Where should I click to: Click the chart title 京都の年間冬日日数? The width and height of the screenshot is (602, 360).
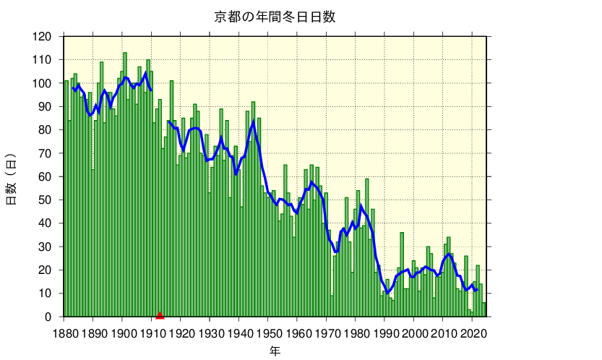click(275, 17)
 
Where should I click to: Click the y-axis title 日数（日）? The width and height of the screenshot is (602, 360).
click(12, 178)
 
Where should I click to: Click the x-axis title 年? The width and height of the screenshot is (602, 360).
click(275, 351)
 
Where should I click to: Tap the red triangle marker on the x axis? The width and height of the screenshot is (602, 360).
click(160, 314)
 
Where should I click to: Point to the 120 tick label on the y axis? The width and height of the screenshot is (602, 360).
click(43, 37)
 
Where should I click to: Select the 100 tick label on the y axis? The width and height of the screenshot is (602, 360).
click(43, 83)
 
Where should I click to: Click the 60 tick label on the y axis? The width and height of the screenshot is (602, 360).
click(46, 176)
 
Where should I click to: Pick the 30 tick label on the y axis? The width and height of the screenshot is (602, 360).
click(46, 247)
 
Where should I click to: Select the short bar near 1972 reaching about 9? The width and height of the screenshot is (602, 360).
click(332, 307)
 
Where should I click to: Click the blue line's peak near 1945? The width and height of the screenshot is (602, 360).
click(253, 121)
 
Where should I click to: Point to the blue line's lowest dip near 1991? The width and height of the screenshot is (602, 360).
click(387, 293)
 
